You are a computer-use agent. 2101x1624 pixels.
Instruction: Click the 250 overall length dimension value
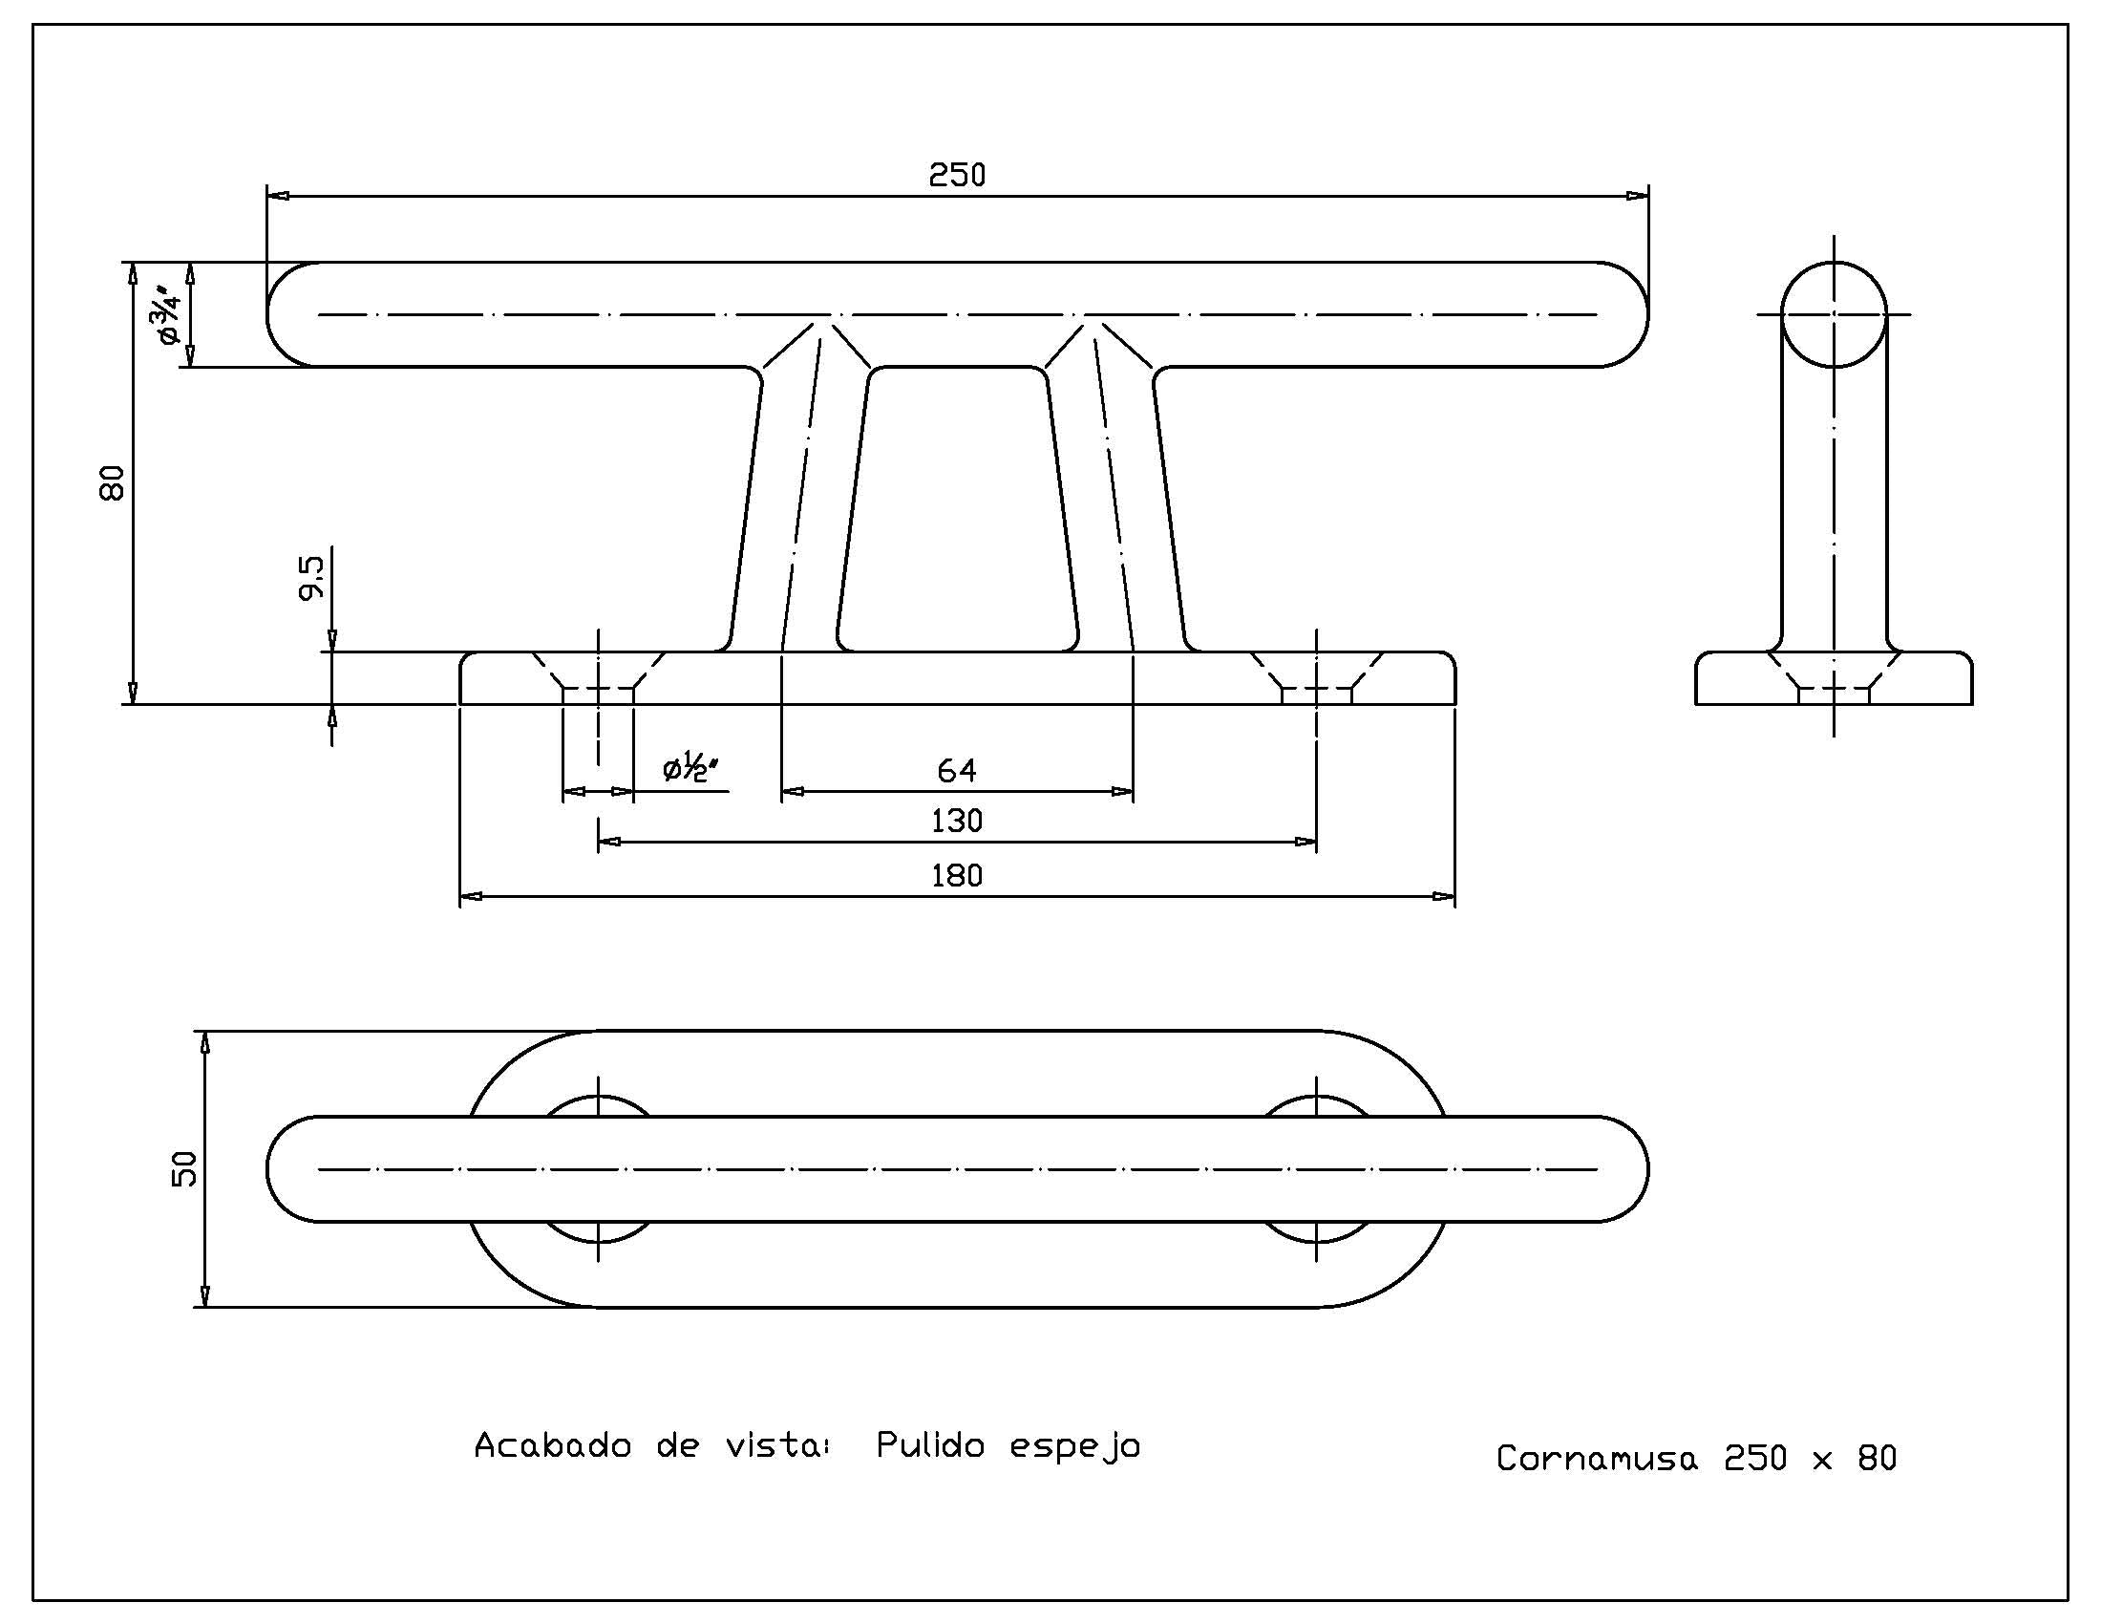pos(957,175)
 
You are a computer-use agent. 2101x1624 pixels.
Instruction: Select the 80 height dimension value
pos(113,482)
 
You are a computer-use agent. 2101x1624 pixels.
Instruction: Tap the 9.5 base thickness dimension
pos(311,577)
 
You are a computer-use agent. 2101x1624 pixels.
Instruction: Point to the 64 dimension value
pos(956,771)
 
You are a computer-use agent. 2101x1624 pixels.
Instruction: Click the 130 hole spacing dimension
pos(957,822)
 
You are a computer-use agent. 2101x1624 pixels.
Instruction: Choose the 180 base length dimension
pos(957,876)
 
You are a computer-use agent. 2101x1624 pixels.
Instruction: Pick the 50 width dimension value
pos(184,1168)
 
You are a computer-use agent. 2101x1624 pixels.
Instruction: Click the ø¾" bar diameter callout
pos(165,313)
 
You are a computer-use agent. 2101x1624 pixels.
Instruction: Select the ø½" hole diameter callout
pos(691,770)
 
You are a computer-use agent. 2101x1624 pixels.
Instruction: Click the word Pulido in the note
pos(930,1446)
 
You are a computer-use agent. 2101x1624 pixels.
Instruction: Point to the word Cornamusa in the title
pos(1597,1459)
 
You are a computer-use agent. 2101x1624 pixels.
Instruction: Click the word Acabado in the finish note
pos(553,1446)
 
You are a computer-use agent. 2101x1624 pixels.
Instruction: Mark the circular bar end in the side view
pos(1834,314)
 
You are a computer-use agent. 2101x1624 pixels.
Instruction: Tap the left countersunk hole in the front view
pos(599,677)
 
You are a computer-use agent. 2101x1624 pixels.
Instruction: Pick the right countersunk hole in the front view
pos(1316,677)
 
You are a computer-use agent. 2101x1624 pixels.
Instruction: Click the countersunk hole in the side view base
pos(1834,677)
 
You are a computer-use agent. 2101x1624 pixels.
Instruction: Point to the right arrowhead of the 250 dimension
pos(1637,196)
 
